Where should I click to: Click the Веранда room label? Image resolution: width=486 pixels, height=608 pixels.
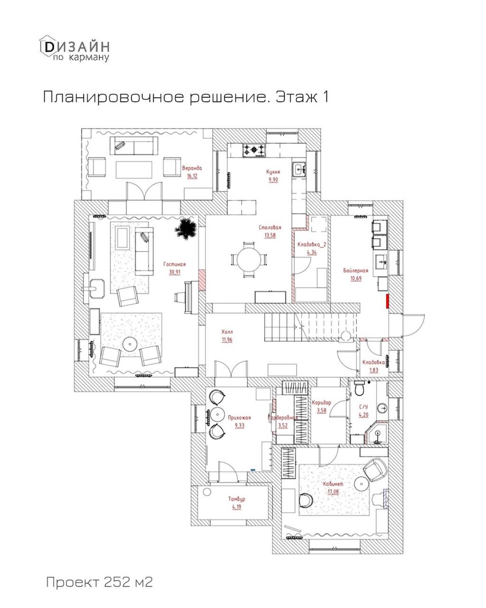pyautogui.click(x=192, y=168)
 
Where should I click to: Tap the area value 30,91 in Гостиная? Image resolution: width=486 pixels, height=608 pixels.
pyautogui.click(x=174, y=272)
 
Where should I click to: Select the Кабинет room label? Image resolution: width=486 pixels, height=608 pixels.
pyautogui.click(x=334, y=484)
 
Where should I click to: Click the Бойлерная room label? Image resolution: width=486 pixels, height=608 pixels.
pyautogui.click(x=355, y=270)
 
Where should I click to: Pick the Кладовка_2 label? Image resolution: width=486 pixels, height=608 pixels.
pyautogui.click(x=311, y=245)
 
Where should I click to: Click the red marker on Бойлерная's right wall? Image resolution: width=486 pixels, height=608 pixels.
pyautogui.click(x=388, y=301)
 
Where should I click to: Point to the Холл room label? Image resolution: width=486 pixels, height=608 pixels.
pyautogui.click(x=227, y=332)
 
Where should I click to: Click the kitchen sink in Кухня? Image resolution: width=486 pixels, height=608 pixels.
pyautogui.click(x=299, y=169)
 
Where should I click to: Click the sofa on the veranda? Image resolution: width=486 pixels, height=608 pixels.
pyautogui.click(x=134, y=147)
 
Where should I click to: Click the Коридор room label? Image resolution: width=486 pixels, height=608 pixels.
pyautogui.click(x=321, y=402)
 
